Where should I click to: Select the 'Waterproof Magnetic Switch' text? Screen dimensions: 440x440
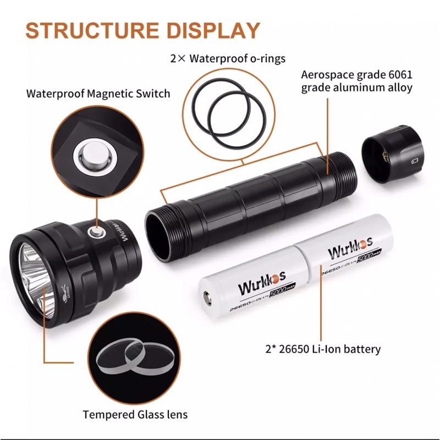(98, 94)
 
